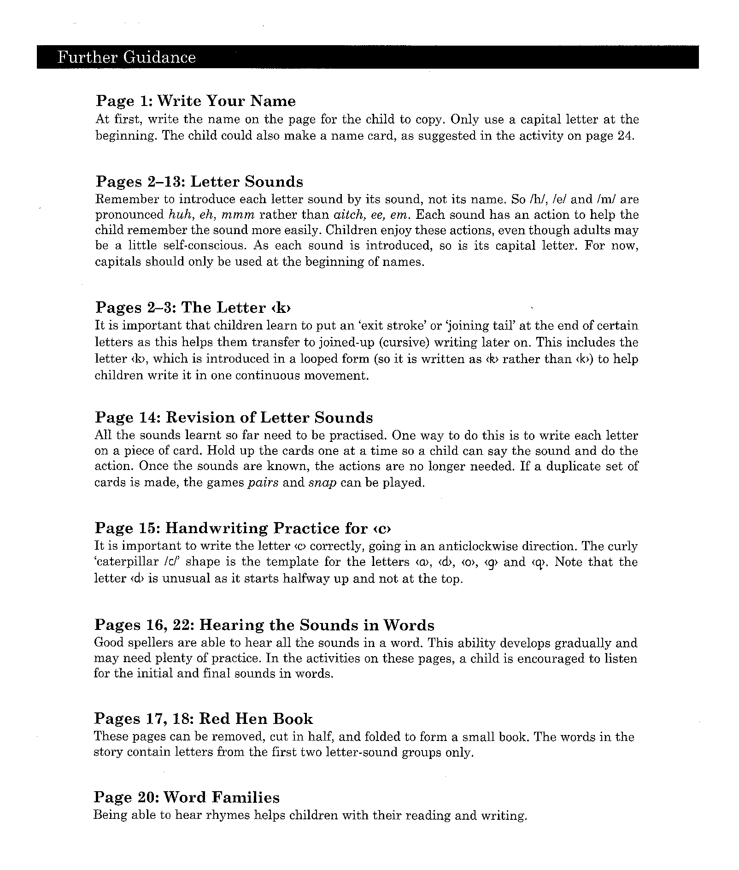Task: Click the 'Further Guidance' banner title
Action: (127, 58)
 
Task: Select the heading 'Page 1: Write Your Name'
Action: (195, 101)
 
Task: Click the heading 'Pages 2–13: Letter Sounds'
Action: (199, 182)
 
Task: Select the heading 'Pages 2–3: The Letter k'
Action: (194, 307)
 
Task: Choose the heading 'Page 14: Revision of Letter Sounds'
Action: (234, 417)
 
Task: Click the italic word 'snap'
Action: (322, 483)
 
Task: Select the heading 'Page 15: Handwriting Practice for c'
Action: (245, 528)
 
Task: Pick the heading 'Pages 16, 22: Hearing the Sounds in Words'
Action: (264, 625)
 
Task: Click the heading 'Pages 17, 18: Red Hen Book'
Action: (203, 719)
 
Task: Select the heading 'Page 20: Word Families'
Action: (187, 797)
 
